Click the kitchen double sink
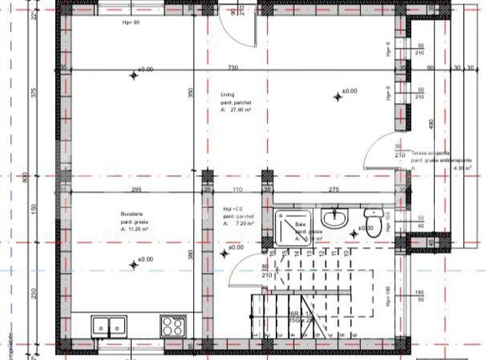(x=110, y=325)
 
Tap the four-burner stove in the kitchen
(x=173, y=325)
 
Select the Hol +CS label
(x=233, y=209)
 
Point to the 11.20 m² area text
(x=136, y=228)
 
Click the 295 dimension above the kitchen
(x=134, y=190)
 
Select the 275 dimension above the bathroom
(x=332, y=190)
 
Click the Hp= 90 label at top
(x=130, y=23)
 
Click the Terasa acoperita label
(x=432, y=154)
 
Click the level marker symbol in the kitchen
(x=132, y=264)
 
